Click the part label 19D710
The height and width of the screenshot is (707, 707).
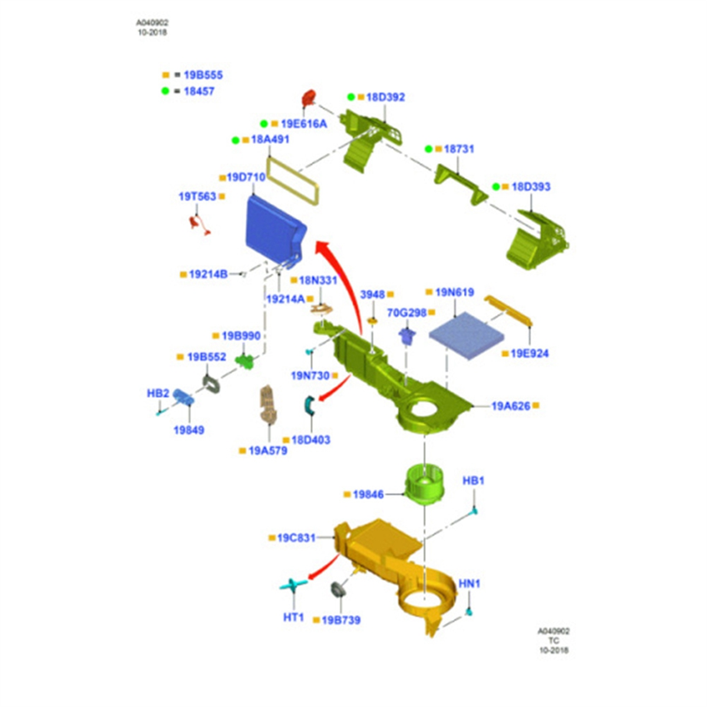246,177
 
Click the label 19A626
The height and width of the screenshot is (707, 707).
510,406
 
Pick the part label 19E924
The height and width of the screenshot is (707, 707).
529,353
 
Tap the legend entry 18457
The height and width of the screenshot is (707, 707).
199,91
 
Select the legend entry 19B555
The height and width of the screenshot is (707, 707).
203,75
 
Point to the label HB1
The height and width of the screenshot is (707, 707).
473,481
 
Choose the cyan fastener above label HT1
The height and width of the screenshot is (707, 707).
293,584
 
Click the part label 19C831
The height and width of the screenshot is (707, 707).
296,538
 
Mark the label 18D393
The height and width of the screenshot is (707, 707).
530,187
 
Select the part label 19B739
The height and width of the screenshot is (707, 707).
341,620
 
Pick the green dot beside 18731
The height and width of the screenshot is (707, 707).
429,149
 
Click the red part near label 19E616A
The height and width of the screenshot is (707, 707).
309,98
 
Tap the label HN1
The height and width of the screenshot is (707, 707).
470,583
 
